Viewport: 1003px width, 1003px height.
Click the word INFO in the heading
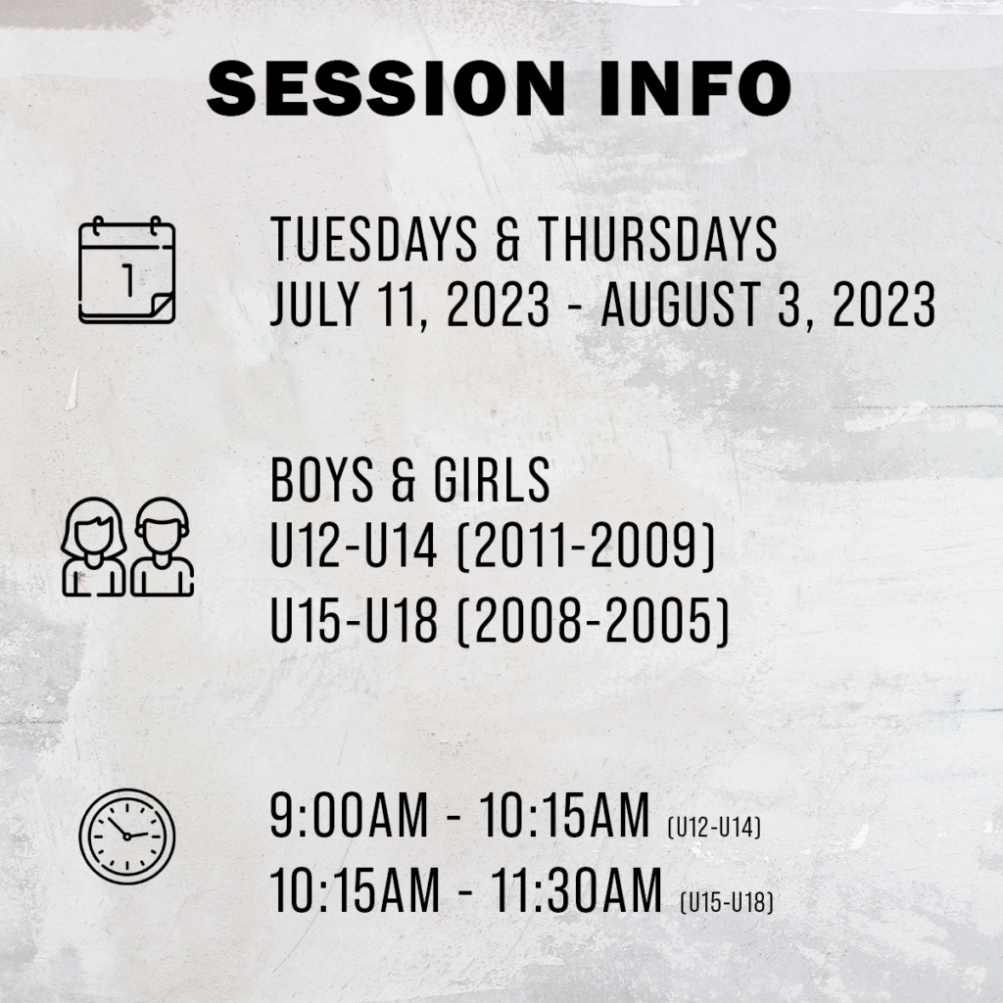[695, 88]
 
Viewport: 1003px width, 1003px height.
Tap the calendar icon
[126, 270]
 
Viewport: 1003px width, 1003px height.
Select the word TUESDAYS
[374, 239]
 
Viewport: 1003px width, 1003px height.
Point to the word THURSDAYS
[657, 239]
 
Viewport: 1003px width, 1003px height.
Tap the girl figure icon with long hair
[93, 547]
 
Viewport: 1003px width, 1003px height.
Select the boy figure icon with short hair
[162, 547]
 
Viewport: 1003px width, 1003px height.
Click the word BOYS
[321, 480]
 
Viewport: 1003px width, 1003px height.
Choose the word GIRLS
[492, 480]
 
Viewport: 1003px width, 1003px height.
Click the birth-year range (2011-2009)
[586, 547]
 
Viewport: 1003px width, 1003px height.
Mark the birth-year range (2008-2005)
[593, 620]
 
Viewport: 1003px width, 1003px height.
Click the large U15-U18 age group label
[355, 620]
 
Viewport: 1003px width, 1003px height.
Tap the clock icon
[126, 836]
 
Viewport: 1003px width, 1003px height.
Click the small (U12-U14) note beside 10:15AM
[714, 827]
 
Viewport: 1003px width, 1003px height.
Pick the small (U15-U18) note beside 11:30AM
[727, 902]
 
